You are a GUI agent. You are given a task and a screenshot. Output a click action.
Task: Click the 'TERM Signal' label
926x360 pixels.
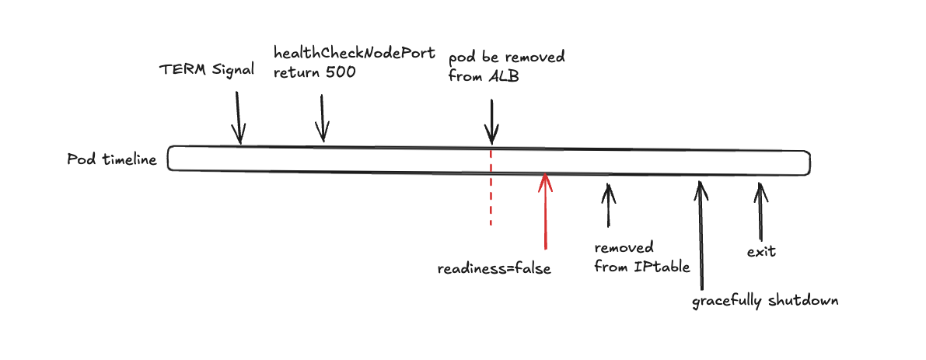[207, 69]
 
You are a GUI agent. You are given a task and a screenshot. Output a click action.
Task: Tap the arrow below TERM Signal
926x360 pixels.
[239, 117]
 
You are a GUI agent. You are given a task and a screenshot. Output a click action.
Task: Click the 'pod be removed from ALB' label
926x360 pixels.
[505, 68]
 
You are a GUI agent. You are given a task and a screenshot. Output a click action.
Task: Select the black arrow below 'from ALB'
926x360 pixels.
[491, 121]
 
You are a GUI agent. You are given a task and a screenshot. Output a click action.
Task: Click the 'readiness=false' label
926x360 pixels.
[494, 269]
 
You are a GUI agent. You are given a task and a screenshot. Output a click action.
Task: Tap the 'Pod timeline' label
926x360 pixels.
[112, 160]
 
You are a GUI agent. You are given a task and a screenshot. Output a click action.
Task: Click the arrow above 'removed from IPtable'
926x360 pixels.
[608, 204]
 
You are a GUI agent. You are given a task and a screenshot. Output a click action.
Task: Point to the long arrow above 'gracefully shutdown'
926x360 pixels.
[701, 233]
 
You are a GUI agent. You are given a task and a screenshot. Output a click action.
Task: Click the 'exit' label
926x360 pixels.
[761, 252]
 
